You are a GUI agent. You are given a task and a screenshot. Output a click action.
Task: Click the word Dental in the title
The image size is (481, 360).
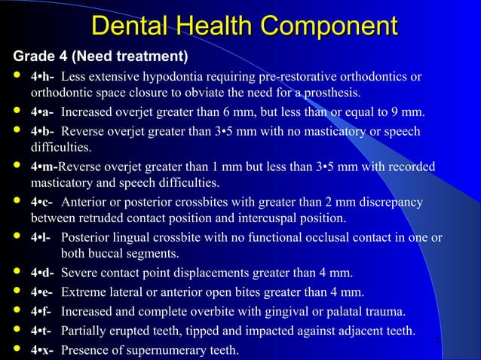point(130,26)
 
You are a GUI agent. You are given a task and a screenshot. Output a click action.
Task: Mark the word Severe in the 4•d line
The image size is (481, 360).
point(78,273)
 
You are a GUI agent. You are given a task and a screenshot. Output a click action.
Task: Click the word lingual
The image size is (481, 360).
point(132,238)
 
